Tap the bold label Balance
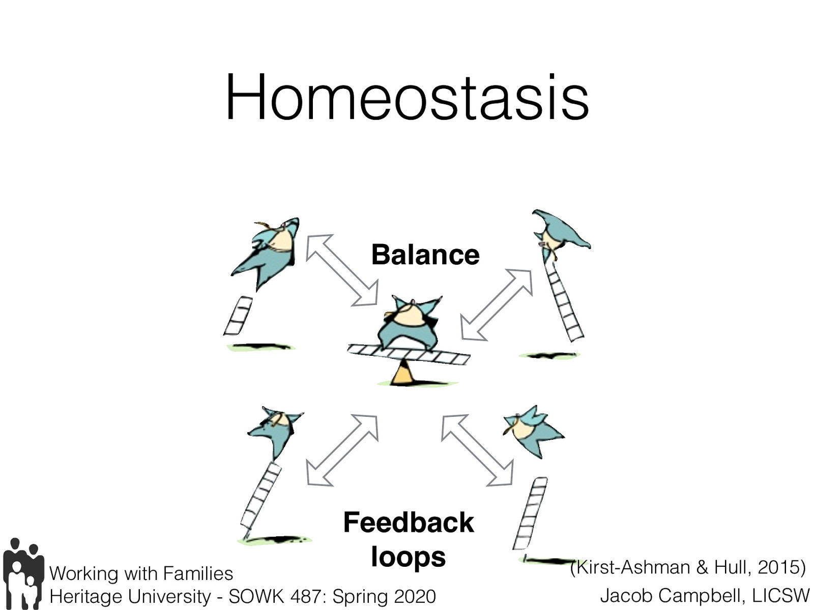pyautogui.click(x=425, y=255)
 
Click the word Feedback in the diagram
pyautogui.click(x=409, y=523)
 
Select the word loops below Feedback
pyautogui.click(x=408, y=557)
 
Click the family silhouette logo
pyautogui.click(x=22, y=573)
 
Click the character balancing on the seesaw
pyautogui.click(x=410, y=323)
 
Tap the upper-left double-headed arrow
pyautogui.click(x=341, y=270)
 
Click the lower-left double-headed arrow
pyautogui.click(x=342, y=450)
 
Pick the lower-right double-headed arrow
pyautogui.click(x=477, y=450)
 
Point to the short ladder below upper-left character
pyautogui.click(x=238, y=316)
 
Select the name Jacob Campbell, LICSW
pyautogui.click(x=704, y=595)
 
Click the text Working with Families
pyautogui.click(x=141, y=573)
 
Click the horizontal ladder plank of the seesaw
pyautogui.click(x=409, y=354)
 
